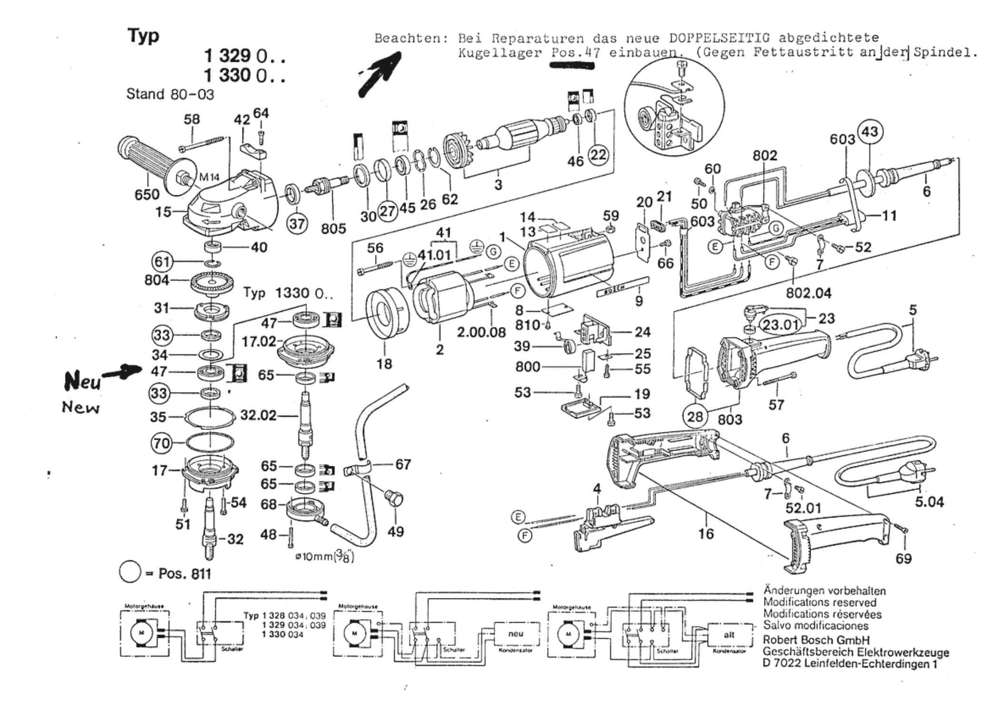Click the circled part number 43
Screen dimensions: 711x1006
[x=870, y=132]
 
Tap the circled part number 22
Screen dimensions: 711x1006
[x=598, y=154]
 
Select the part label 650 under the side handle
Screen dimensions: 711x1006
[x=147, y=194]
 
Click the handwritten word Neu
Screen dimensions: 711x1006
[x=82, y=381]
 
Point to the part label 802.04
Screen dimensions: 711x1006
[x=808, y=293]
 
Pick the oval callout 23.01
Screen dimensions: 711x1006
[x=782, y=325]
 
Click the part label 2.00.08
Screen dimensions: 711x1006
[x=481, y=332]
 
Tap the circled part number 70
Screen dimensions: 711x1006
[x=161, y=443]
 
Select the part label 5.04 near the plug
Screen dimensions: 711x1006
[x=929, y=502]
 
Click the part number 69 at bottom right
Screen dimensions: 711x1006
[x=903, y=558]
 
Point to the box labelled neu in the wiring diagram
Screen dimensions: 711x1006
[x=515, y=634]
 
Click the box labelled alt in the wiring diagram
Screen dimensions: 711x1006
[x=729, y=634]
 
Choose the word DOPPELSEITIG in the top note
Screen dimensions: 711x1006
[x=719, y=38]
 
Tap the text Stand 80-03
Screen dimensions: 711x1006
[x=170, y=94]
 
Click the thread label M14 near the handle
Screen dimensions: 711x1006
[x=209, y=177]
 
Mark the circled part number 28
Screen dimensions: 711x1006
[x=695, y=417]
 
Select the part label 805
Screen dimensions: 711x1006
[x=333, y=229]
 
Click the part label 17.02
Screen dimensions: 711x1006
[x=259, y=341]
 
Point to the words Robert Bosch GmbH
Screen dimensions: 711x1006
[x=816, y=640]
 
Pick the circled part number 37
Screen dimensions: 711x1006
[x=297, y=223]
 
